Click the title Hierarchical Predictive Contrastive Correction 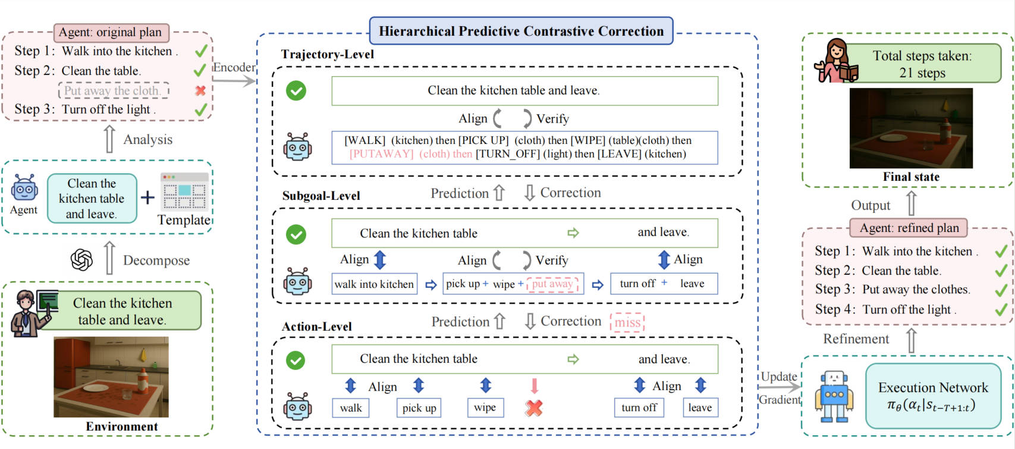point(521,31)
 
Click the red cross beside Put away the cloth point(200,90)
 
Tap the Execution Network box point(932,396)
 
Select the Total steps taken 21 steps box point(922,64)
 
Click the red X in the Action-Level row point(534,408)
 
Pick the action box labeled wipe point(485,407)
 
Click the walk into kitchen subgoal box point(374,284)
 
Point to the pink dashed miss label point(627,322)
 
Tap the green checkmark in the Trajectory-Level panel point(296,90)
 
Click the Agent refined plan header point(909,228)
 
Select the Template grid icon point(184,191)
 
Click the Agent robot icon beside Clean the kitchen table point(24,189)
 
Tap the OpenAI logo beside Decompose point(81,260)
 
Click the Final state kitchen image point(910,128)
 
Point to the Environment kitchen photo point(111,377)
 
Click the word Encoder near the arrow point(234,67)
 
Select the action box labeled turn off point(639,407)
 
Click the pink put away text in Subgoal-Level point(552,284)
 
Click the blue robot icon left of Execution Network point(834,396)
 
